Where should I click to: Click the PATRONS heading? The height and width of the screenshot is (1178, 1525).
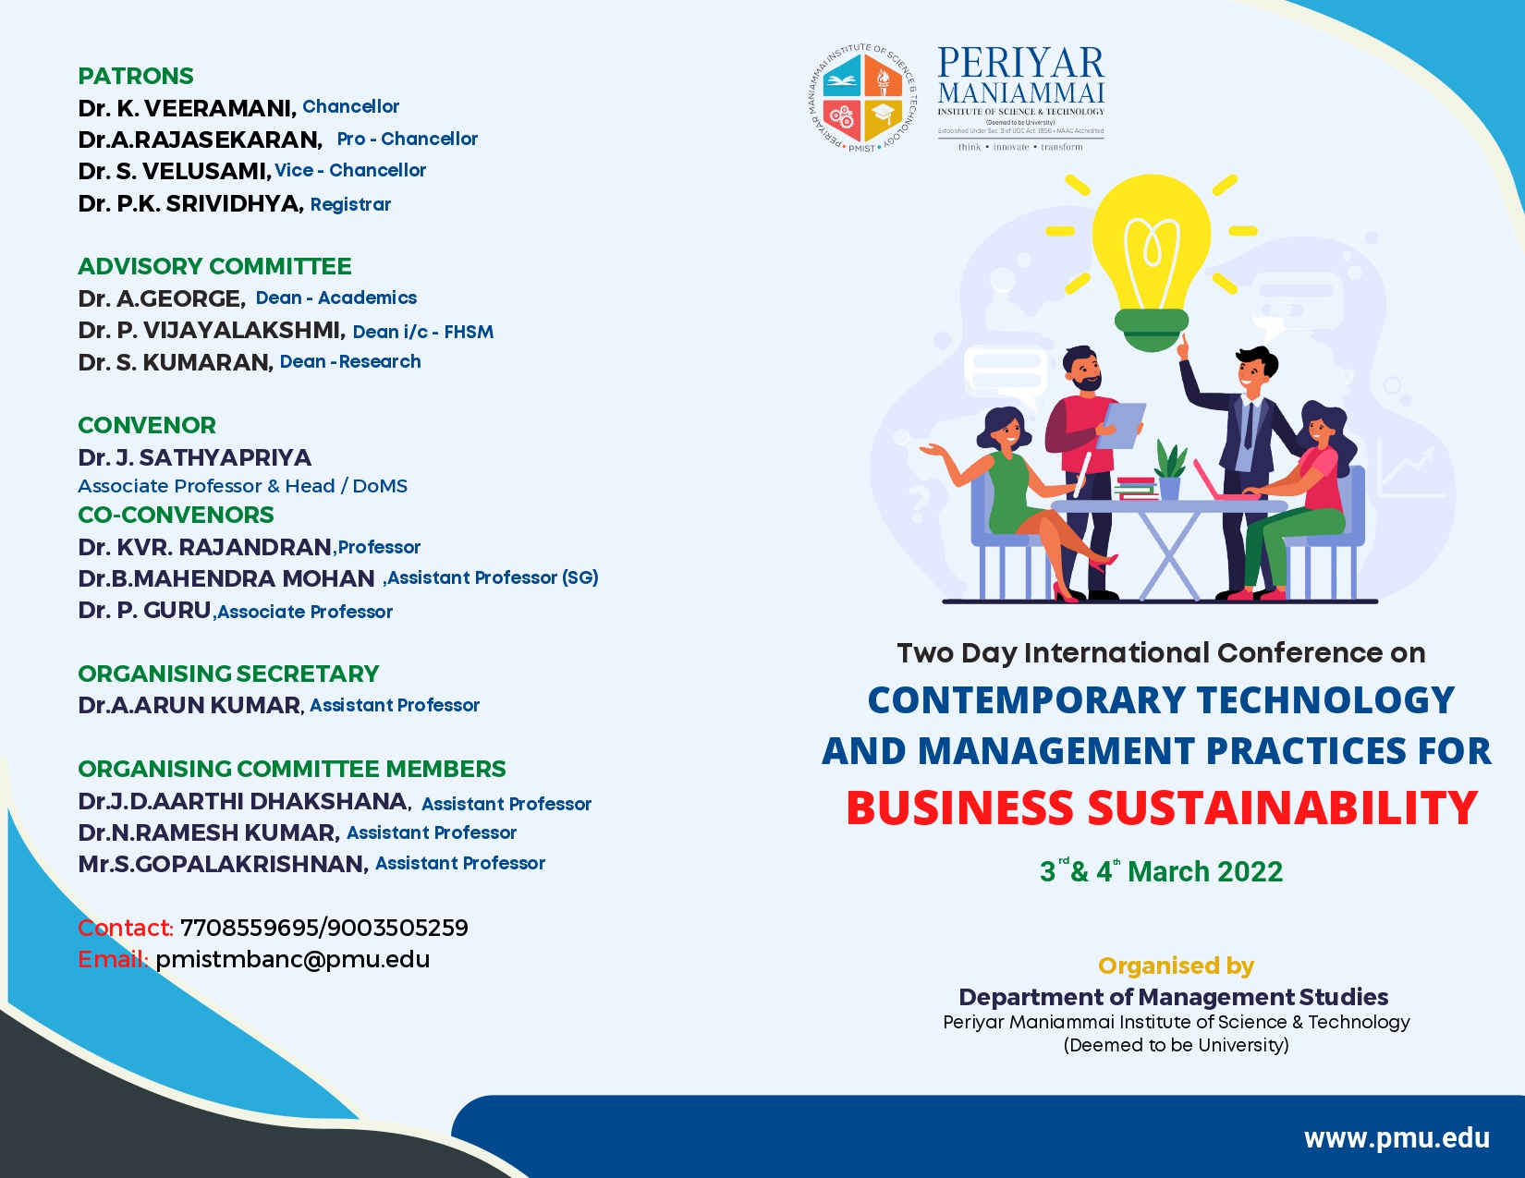pos(136,76)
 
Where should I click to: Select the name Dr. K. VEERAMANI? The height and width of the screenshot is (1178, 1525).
pos(188,108)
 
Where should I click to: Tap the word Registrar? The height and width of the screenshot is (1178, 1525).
pos(350,204)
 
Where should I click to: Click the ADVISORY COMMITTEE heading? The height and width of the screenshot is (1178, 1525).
pos(214,267)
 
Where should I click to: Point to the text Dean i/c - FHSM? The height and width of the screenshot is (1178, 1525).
pos(422,332)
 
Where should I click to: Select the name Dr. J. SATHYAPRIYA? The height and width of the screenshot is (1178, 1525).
pos(194,457)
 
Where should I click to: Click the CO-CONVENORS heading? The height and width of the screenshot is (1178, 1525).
pos(176,515)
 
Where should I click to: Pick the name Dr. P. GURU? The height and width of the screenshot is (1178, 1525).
pos(144,611)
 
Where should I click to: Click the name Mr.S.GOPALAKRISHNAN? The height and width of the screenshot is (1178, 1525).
pos(223,864)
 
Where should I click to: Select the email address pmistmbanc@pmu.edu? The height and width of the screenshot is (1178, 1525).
pos(293,959)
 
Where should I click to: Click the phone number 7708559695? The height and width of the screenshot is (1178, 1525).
pos(250,928)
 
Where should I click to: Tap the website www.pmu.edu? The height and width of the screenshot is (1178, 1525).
pos(1397,1138)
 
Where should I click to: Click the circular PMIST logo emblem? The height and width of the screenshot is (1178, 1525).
pos(861,98)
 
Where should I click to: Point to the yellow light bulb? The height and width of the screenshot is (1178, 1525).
pos(1152,261)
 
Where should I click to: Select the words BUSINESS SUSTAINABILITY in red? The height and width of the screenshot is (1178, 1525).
pos(1162,808)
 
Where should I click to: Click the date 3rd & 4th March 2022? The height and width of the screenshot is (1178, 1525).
pos(1162,870)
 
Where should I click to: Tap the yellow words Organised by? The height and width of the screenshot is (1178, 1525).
pos(1177,965)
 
